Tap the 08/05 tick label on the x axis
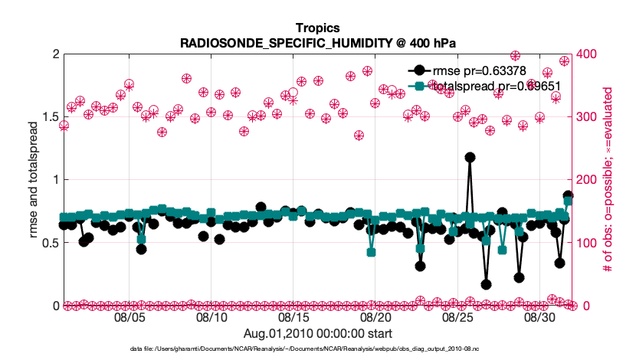coord(129,316)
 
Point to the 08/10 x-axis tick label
coord(211,316)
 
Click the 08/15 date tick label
coord(293,316)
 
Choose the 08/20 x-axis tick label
coord(375,316)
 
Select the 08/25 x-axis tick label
coord(457,316)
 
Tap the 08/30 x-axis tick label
coord(539,316)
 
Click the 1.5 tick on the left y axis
coord(45,117)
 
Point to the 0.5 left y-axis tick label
coord(45,243)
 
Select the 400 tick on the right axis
coord(587,54)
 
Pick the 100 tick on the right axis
coord(587,243)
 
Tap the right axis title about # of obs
coord(606,180)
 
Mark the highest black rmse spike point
coord(470,157)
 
